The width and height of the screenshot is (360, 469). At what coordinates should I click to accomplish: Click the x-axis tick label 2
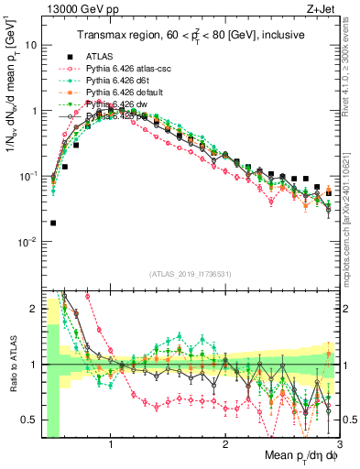coord(225,444)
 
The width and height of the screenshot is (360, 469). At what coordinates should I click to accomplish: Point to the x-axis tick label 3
coord(339,444)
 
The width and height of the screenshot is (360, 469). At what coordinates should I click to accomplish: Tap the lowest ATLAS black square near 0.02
coord(53,223)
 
